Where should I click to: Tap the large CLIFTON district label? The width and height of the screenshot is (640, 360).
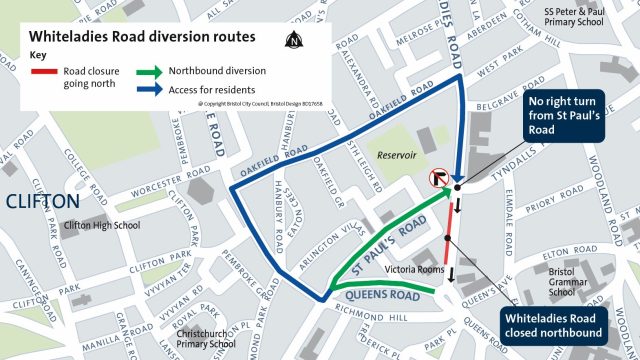43,202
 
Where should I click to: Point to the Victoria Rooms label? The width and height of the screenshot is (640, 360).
403,270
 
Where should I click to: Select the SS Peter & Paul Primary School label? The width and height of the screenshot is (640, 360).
576,19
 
